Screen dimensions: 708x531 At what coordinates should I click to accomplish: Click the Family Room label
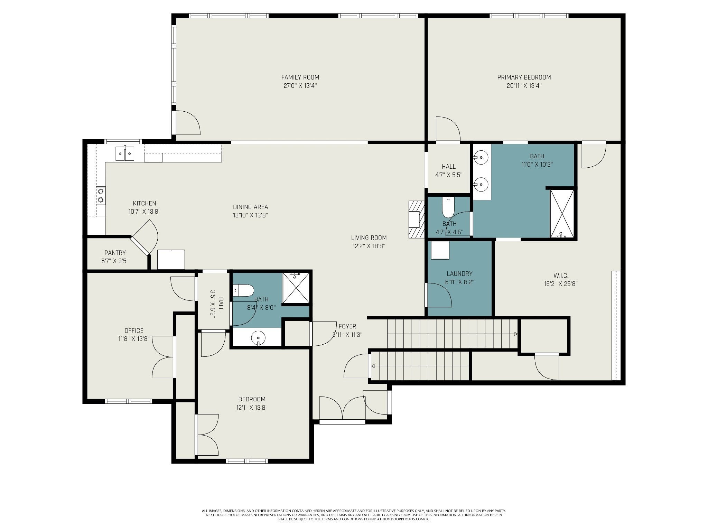pos(300,77)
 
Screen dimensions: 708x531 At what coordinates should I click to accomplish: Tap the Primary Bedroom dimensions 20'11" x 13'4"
pos(524,86)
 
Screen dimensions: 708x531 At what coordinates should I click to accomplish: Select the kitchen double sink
pos(124,153)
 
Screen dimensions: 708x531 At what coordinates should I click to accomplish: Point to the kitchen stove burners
pos(101,195)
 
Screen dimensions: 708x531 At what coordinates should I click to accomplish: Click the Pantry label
pos(115,253)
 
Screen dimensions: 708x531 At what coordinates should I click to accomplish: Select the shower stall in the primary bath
pos(562,214)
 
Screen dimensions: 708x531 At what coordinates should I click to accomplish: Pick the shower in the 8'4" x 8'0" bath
pos(296,288)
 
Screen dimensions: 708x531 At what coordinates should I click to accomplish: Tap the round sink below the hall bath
pos(258,337)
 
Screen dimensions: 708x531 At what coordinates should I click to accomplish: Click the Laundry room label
pos(459,274)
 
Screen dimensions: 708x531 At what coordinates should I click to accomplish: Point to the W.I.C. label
pos(561,276)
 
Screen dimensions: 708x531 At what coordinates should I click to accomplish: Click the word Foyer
pos(347,326)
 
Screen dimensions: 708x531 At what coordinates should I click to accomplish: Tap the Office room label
pos(134,331)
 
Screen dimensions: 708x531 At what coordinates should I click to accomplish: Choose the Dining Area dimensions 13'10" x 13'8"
pos(251,215)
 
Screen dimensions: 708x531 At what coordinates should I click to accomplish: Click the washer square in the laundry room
pos(440,250)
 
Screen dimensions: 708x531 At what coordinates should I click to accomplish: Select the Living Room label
pos(369,238)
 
